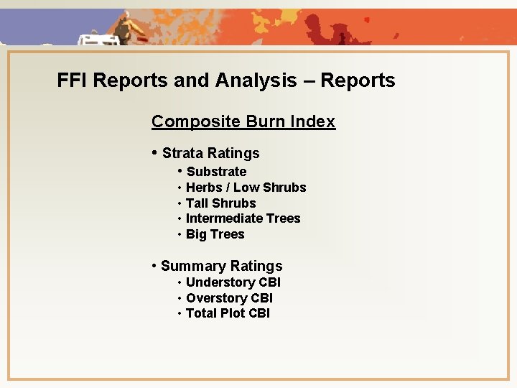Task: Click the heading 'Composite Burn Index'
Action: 243,121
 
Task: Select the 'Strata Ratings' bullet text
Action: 210,153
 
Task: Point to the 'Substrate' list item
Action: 216,172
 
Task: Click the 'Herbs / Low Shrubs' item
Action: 246,188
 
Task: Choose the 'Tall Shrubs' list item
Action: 220,203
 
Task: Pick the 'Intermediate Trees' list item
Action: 243,218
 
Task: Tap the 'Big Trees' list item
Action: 215,234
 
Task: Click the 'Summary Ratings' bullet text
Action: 221,267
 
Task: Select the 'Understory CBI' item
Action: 233,282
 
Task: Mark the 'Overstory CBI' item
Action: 229,298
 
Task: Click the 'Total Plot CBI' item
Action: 228,313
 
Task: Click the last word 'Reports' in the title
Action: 358,80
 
